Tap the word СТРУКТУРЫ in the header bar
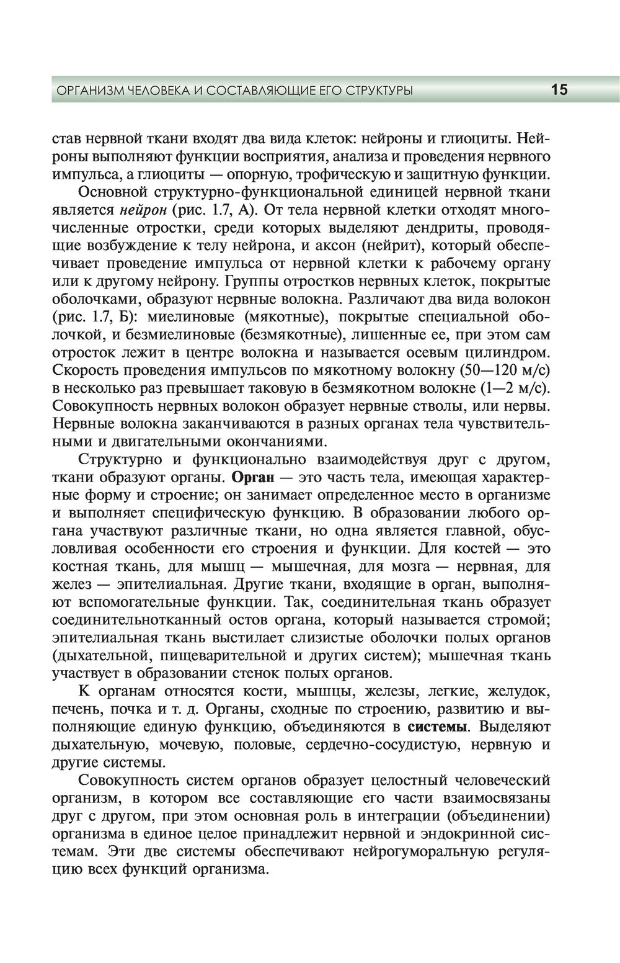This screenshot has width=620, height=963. tap(379, 91)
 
